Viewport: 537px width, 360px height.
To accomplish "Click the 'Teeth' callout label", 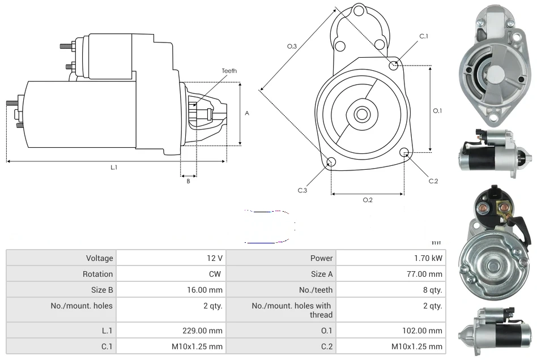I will [229, 71].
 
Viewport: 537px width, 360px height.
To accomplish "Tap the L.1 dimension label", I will [114, 167].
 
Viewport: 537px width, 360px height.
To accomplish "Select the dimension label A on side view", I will [246, 113].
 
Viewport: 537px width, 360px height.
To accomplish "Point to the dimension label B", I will [188, 181].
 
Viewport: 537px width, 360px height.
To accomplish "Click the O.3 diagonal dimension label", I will [292, 46].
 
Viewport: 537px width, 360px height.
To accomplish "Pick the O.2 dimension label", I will [367, 199].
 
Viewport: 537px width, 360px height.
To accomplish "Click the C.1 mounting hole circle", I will [394, 66].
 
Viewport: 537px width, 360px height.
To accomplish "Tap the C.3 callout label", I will [302, 190].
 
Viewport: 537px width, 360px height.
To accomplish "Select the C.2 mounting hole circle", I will [404, 152].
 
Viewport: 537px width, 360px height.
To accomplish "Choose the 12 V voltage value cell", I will [214, 258].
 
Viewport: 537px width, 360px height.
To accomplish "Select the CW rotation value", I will [216, 274].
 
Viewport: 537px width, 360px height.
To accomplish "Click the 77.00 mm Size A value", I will [427, 274].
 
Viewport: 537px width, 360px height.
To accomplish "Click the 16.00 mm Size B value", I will [207, 290].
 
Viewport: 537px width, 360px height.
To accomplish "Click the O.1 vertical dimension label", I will [437, 111].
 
